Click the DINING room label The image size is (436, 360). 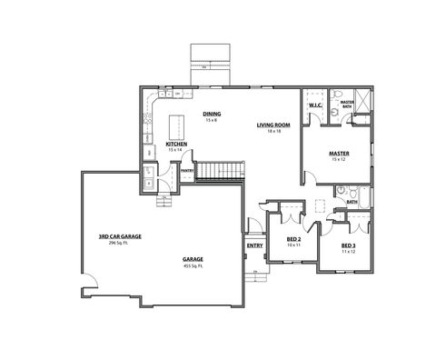[212, 114]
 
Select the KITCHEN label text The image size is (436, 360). [176, 144]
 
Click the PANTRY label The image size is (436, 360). [188, 170]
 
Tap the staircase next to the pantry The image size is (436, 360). [221, 170]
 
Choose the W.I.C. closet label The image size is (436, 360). [315, 106]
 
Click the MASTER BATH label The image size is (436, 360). [346, 105]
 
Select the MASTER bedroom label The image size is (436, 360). [340, 154]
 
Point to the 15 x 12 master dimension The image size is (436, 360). [340, 160]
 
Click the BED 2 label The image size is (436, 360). [292, 239]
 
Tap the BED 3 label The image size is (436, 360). [348, 245]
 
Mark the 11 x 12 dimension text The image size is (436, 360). [348, 251]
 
